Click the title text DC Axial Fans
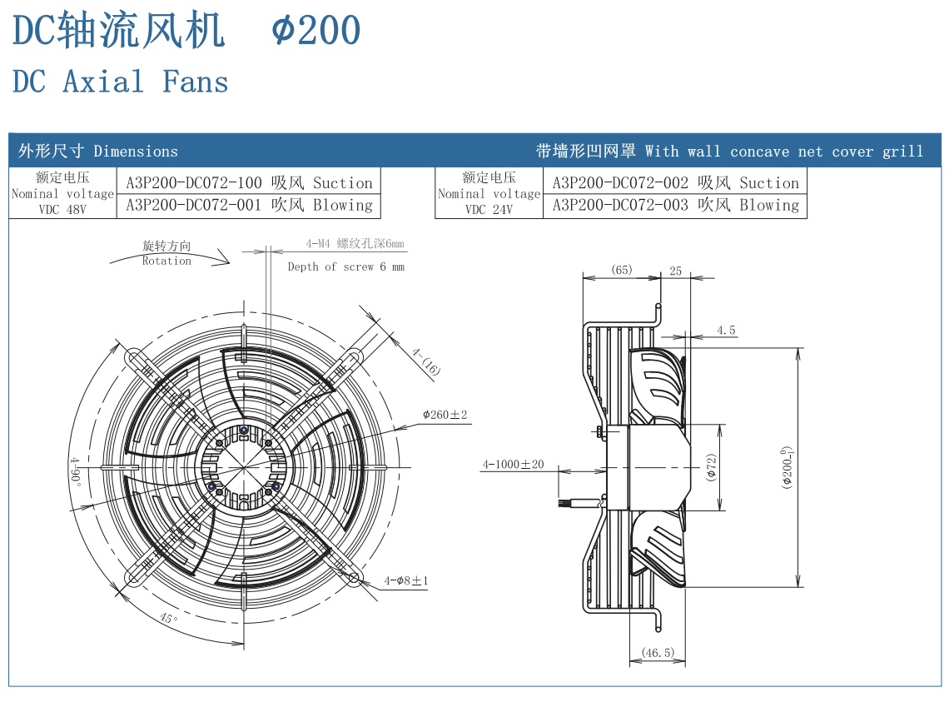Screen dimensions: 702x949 tap(121, 82)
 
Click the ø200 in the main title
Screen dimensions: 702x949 tap(316, 32)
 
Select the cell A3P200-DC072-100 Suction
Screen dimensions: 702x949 tap(249, 183)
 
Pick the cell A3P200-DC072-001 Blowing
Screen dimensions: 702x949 tap(249, 205)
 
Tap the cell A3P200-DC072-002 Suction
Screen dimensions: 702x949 tap(675, 183)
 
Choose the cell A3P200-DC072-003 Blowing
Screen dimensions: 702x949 tap(675, 205)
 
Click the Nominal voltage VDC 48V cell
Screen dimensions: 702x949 tap(62, 193)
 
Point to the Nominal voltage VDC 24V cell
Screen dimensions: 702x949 tap(489, 193)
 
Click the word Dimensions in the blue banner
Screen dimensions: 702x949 tap(136, 152)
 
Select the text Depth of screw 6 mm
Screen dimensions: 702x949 tap(345, 267)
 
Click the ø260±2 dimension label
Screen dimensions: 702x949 tap(445, 415)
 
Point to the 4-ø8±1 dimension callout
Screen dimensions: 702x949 tap(405, 580)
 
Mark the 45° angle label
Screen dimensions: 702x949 tap(169, 619)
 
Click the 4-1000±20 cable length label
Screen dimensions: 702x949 tap(513, 464)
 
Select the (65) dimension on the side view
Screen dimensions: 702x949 tap(621, 270)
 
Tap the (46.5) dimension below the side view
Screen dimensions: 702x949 tap(658, 653)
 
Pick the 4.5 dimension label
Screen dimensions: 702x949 tap(726, 331)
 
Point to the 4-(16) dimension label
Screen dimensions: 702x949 tap(425, 361)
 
